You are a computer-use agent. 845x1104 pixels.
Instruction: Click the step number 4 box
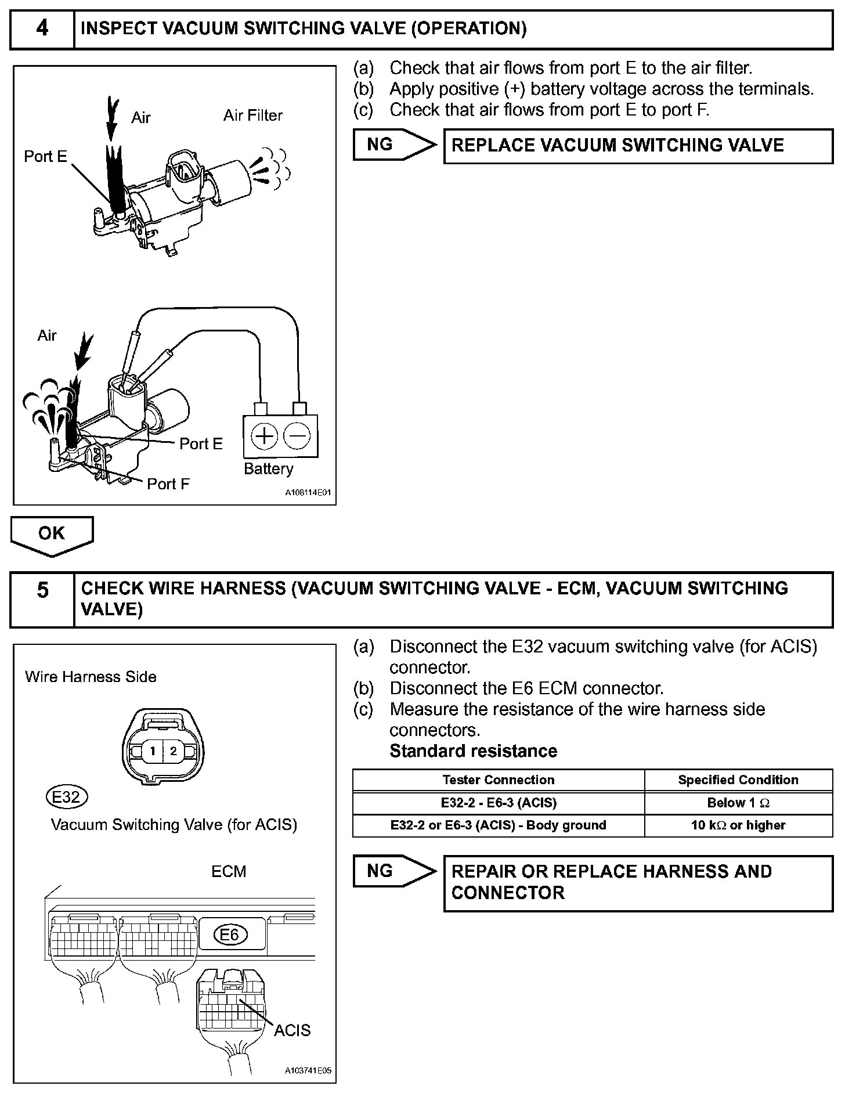(x=42, y=28)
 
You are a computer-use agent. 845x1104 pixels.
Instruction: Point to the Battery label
(x=268, y=468)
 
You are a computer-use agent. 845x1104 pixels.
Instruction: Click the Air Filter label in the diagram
(x=252, y=116)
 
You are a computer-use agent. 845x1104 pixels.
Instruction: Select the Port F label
(x=168, y=484)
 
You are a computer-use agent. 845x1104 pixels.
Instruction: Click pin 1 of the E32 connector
(x=153, y=751)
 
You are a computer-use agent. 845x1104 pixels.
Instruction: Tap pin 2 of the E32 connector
(x=173, y=751)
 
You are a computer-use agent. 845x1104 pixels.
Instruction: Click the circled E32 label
(x=66, y=797)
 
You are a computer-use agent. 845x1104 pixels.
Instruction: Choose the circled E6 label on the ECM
(x=230, y=935)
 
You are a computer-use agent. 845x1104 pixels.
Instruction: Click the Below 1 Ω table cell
(x=738, y=803)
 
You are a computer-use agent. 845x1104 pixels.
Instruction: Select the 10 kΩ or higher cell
(x=738, y=825)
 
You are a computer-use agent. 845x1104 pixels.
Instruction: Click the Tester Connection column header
(x=498, y=780)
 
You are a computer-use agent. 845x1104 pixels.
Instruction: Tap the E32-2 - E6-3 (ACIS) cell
(x=498, y=803)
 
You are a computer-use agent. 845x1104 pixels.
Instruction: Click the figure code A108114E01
(x=308, y=493)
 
